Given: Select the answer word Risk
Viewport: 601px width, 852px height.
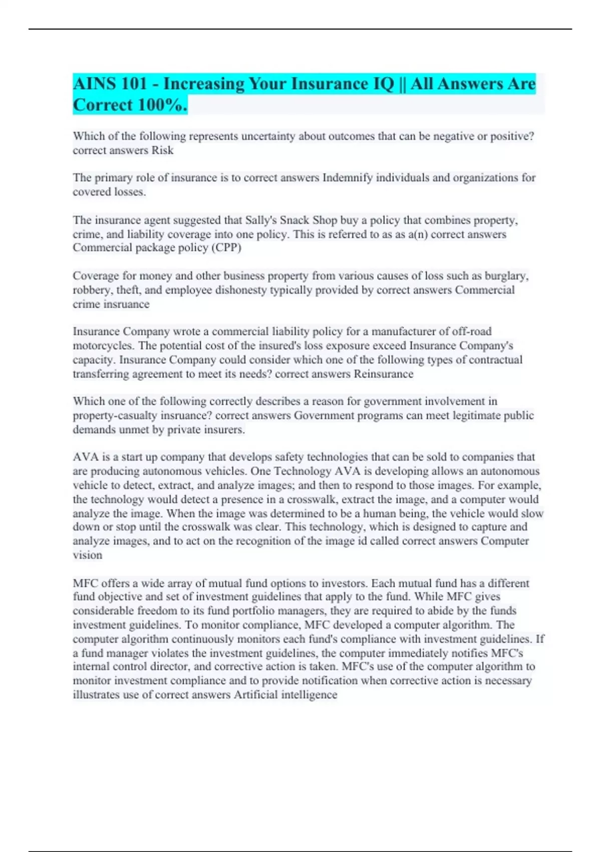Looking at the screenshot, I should tap(163, 150).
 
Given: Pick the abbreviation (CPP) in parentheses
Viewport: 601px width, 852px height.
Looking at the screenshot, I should tap(226, 248).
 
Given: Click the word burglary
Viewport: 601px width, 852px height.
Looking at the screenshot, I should tap(507, 276).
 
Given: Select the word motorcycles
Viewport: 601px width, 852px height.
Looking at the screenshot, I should tap(104, 346).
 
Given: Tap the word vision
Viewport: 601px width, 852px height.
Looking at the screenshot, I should tap(87, 555).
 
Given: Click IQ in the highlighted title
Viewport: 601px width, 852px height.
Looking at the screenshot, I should tap(384, 84).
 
